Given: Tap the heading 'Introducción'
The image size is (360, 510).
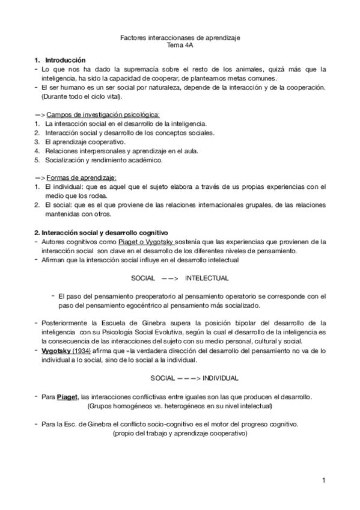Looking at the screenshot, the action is (x=66, y=60).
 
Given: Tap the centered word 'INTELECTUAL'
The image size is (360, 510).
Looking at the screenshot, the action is (x=207, y=278).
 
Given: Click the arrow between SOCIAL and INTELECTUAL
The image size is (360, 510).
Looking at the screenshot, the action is (x=170, y=278).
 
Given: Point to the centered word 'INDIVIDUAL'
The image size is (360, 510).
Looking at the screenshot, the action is (x=221, y=378).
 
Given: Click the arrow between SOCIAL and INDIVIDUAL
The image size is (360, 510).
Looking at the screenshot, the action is (x=189, y=378).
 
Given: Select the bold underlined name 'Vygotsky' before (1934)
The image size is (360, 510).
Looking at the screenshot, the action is (x=56, y=351).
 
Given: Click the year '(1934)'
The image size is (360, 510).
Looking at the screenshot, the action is (x=83, y=351).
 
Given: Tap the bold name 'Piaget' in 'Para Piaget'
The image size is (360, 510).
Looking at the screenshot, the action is (x=67, y=397).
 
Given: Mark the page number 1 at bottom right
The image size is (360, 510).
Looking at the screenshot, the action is (x=323, y=480).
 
